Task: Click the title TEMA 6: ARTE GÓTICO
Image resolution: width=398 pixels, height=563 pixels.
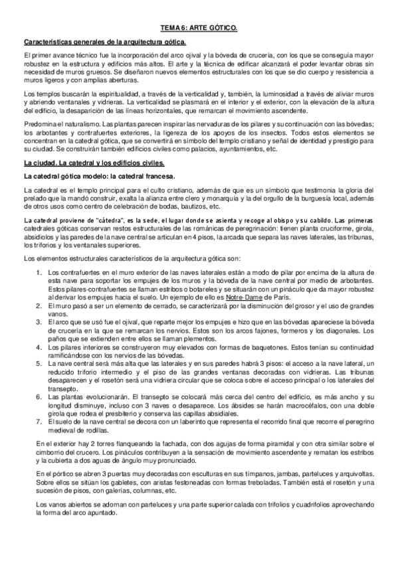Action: pyautogui.click(x=199, y=29)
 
